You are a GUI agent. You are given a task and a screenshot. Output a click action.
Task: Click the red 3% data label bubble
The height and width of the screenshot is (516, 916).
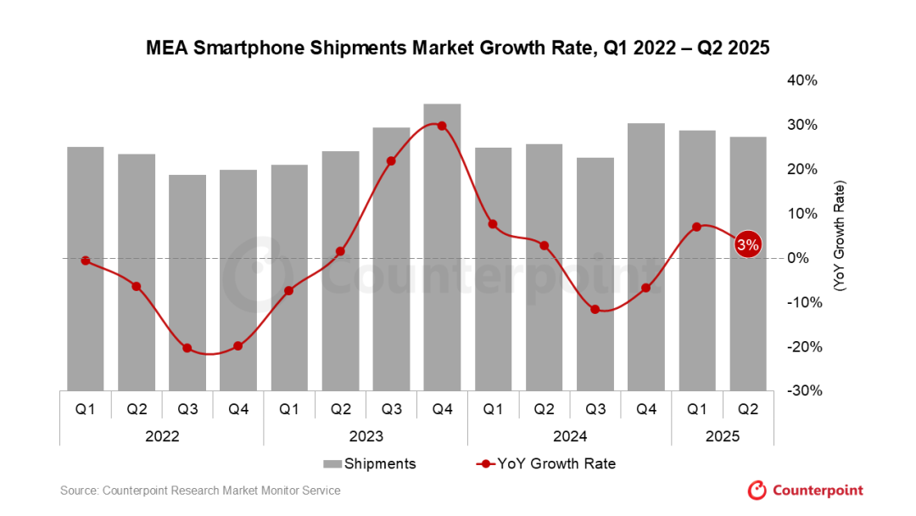pos(747,244)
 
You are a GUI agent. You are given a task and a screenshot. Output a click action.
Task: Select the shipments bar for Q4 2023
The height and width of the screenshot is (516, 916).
pos(442,246)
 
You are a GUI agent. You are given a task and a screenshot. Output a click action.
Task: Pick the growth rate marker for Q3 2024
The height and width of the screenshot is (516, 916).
pos(595,309)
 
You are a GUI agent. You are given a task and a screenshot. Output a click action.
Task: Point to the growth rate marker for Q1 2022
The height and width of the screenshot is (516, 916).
pos(85,261)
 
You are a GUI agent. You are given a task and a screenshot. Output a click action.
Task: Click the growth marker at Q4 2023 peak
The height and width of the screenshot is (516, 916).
pos(442,126)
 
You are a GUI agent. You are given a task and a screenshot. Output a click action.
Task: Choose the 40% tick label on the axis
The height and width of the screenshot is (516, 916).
pos(802,81)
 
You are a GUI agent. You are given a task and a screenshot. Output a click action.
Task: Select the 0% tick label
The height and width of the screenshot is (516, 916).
pos(807,258)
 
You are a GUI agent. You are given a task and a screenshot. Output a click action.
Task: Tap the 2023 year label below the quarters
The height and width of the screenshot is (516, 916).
pos(366,436)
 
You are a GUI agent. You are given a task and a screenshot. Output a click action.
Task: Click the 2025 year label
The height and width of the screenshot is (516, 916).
pos(723,436)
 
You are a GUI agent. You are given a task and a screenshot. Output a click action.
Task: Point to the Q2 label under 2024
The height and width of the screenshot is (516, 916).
pos(545,409)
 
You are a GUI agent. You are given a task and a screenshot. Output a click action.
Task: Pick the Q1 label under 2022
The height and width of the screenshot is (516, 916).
pos(85,409)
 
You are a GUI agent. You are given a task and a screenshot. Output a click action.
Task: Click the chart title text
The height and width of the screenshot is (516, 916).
pos(458,48)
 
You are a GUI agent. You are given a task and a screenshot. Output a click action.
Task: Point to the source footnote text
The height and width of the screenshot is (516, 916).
pos(200,491)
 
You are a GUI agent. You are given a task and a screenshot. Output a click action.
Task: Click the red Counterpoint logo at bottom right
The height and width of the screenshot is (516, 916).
pos(805,491)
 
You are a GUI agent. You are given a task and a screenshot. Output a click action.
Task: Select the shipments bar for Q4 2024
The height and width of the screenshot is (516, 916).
pos(646,256)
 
